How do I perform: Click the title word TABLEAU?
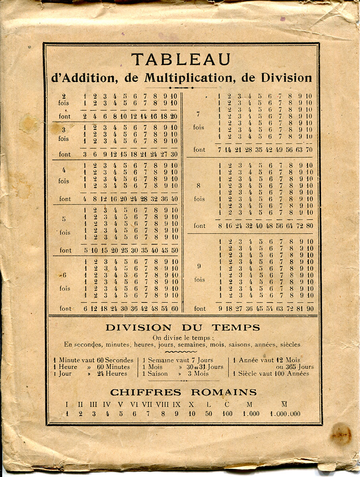pyautogui.click(x=181, y=60)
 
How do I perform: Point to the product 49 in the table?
pyautogui.click(x=280, y=150)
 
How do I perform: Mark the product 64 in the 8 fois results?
pyautogui.click(x=290, y=226)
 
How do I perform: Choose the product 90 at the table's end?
pyautogui.click(x=309, y=308)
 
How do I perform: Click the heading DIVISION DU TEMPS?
pyautogui.click(x=183, y=328)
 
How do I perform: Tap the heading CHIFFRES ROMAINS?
pyautogui.click(x=183, y=393)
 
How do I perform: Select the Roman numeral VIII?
pyautogui.click(x=162, y=405)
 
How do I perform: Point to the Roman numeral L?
pyautogui.click(x=209, y=405)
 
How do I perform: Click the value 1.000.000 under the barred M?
pyautogui.click(x=285, y=414)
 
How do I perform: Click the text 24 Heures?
pyautogui.click(x=112, y=374)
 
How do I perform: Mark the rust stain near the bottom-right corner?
pyautogui.click(x=341, y=434)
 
